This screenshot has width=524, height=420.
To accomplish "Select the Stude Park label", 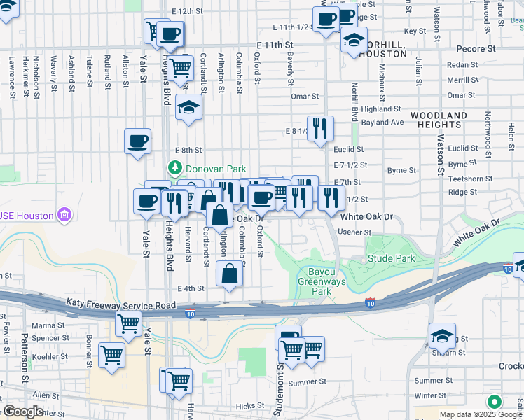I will click(x=391, y=259).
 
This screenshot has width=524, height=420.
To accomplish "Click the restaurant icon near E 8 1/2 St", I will click(x=320, y=128).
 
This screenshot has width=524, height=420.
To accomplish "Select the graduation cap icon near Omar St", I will click(x=188, y=107).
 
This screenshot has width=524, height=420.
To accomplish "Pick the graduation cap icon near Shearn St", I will click(x=442, y=336).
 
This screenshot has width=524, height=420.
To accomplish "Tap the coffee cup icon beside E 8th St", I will click(x=137, y=141).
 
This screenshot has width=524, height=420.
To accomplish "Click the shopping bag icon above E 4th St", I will click(x=230, y=274).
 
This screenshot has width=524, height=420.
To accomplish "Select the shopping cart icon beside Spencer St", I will click(x=128, y=323).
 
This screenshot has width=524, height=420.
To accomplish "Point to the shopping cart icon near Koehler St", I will click(x=111, y=354).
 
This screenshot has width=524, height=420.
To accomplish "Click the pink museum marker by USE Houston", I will click(x=64, y=213).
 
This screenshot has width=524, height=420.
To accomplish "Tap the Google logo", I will click(x=24, y=412).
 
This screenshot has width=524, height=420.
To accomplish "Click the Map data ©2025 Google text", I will click(x=481, y=414).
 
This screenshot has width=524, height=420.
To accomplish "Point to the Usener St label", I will click(x=354, y=232).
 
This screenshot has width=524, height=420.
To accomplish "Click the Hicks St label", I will click(x=249, y=406).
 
